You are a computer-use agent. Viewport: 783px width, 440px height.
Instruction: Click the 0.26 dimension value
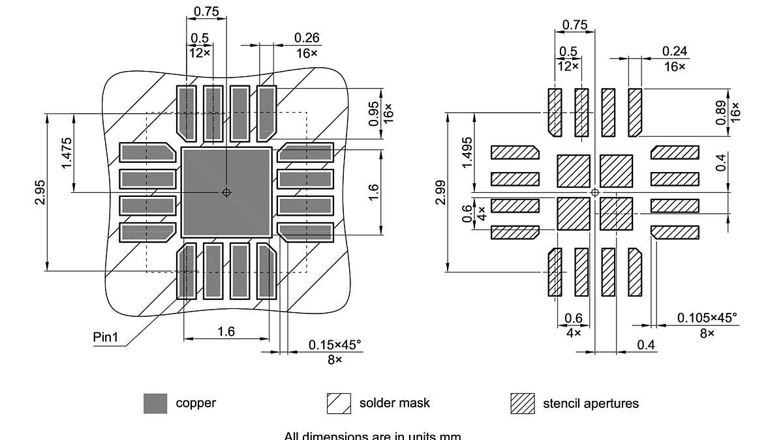pyautogui.click(x=306, y=38)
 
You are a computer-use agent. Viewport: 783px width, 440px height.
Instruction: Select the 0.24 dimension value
pyautogui.click(x=675, y=51)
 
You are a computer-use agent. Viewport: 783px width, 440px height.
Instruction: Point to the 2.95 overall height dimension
pyautogui.click(x=40, y=192)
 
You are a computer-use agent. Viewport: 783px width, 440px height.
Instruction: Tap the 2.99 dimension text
pyautogui.click(x=441, y=192)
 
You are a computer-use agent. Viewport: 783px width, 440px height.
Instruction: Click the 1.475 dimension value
pyautogui.click(x=67, y=153)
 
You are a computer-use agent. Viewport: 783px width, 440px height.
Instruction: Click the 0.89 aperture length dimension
pyautogui.click(x=721, y=113)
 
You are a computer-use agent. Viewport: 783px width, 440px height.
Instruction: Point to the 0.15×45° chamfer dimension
pyautogui.click(x=335, y=344)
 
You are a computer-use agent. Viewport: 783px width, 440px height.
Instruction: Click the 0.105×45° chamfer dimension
pyautogui.click(x=707, y=317)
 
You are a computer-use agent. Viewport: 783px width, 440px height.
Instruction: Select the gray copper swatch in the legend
pyautogui.click(x=155, y=403)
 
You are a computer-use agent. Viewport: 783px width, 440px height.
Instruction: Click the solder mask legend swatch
pyautogui.click(x=339, y=403)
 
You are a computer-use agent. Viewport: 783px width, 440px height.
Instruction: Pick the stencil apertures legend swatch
pyautogui.click(x=522, y=403)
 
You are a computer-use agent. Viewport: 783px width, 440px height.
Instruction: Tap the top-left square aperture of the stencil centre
pyautogui.click(x=574, y=171)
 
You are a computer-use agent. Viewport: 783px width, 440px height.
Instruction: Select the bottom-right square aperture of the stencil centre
pyautogui.click(x=616, y=214)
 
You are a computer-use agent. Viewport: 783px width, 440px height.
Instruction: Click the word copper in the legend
pyautogui.click(x=196, y=403)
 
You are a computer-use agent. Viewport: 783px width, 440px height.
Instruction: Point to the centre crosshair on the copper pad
pyautogui.click(x=226, y=192)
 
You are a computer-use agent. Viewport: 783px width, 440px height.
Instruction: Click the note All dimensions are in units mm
pyautogui.click(x=373, y=435)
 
